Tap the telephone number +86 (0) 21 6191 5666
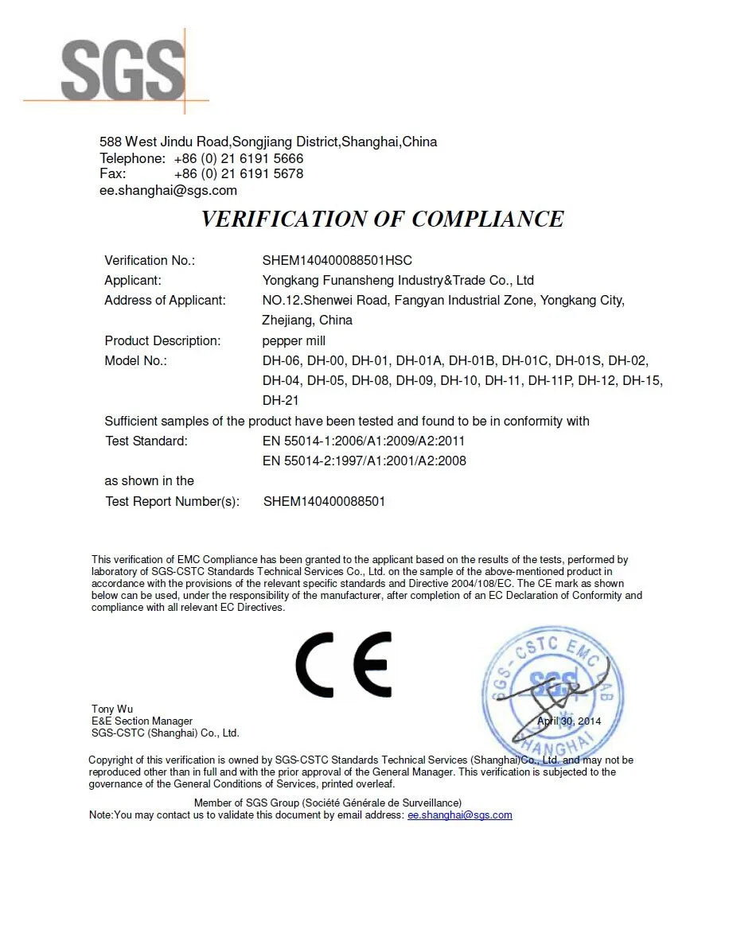tap(238, 158)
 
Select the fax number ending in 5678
tap(238, 173)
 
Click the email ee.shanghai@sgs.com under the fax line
tap(168, 190)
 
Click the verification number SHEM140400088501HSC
tap(337, 260)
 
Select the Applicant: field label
tap(133, 280)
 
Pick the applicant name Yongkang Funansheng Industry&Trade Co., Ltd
tap(398, 280)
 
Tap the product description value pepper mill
tap(294, 340)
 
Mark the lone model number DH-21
tap(281, 400)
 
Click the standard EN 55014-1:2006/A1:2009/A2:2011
tap(364, 441)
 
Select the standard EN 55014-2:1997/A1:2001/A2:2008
tap(364, 461)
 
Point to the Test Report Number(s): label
tap(172, 501)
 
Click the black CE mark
tap(344, 665)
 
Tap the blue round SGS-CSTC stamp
tap(551, 690)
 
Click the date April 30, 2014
tap(569, 721)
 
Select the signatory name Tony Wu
tap(112, 709)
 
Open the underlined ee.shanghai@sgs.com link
tap(459, 814)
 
